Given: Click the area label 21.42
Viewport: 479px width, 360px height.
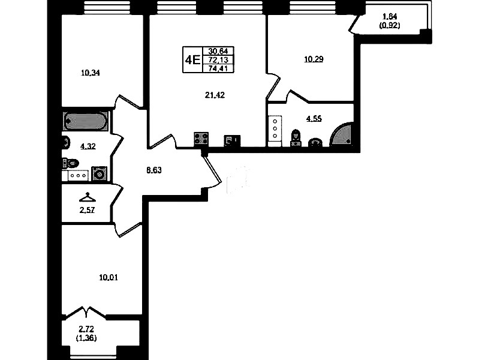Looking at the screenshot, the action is point(215,95).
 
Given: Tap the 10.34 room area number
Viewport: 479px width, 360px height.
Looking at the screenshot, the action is point(91,73).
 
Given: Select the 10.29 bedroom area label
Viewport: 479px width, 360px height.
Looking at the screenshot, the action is point(314,59).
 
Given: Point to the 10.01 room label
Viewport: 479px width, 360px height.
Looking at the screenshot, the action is point(109,277).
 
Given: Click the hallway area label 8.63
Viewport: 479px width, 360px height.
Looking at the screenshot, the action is point(154,170).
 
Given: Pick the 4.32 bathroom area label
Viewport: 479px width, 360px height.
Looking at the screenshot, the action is point(88,146).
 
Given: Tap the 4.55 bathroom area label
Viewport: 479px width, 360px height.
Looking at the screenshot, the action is point(314,118).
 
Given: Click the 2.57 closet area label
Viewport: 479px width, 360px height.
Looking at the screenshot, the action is point(87,210).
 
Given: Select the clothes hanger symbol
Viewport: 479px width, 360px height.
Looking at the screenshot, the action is point(88,197).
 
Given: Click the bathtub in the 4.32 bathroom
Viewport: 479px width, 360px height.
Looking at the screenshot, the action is point(86,121).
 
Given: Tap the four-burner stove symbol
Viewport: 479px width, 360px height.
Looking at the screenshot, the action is point(201,139).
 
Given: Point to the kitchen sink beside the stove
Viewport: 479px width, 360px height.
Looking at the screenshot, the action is point(232,140).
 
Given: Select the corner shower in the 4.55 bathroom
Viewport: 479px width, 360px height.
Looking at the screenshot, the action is point(342,134).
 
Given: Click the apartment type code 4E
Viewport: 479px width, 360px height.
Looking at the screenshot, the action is point(193,59).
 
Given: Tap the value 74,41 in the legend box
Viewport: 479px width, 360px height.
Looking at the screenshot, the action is point(218,68).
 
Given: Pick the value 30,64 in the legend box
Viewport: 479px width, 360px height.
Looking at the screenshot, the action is point(218,51).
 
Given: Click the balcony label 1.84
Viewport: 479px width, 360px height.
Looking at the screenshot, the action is point(390,16).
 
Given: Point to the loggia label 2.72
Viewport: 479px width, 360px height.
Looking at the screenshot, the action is point(86,329).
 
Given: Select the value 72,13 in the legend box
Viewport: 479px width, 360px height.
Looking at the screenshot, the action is point(218,59).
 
